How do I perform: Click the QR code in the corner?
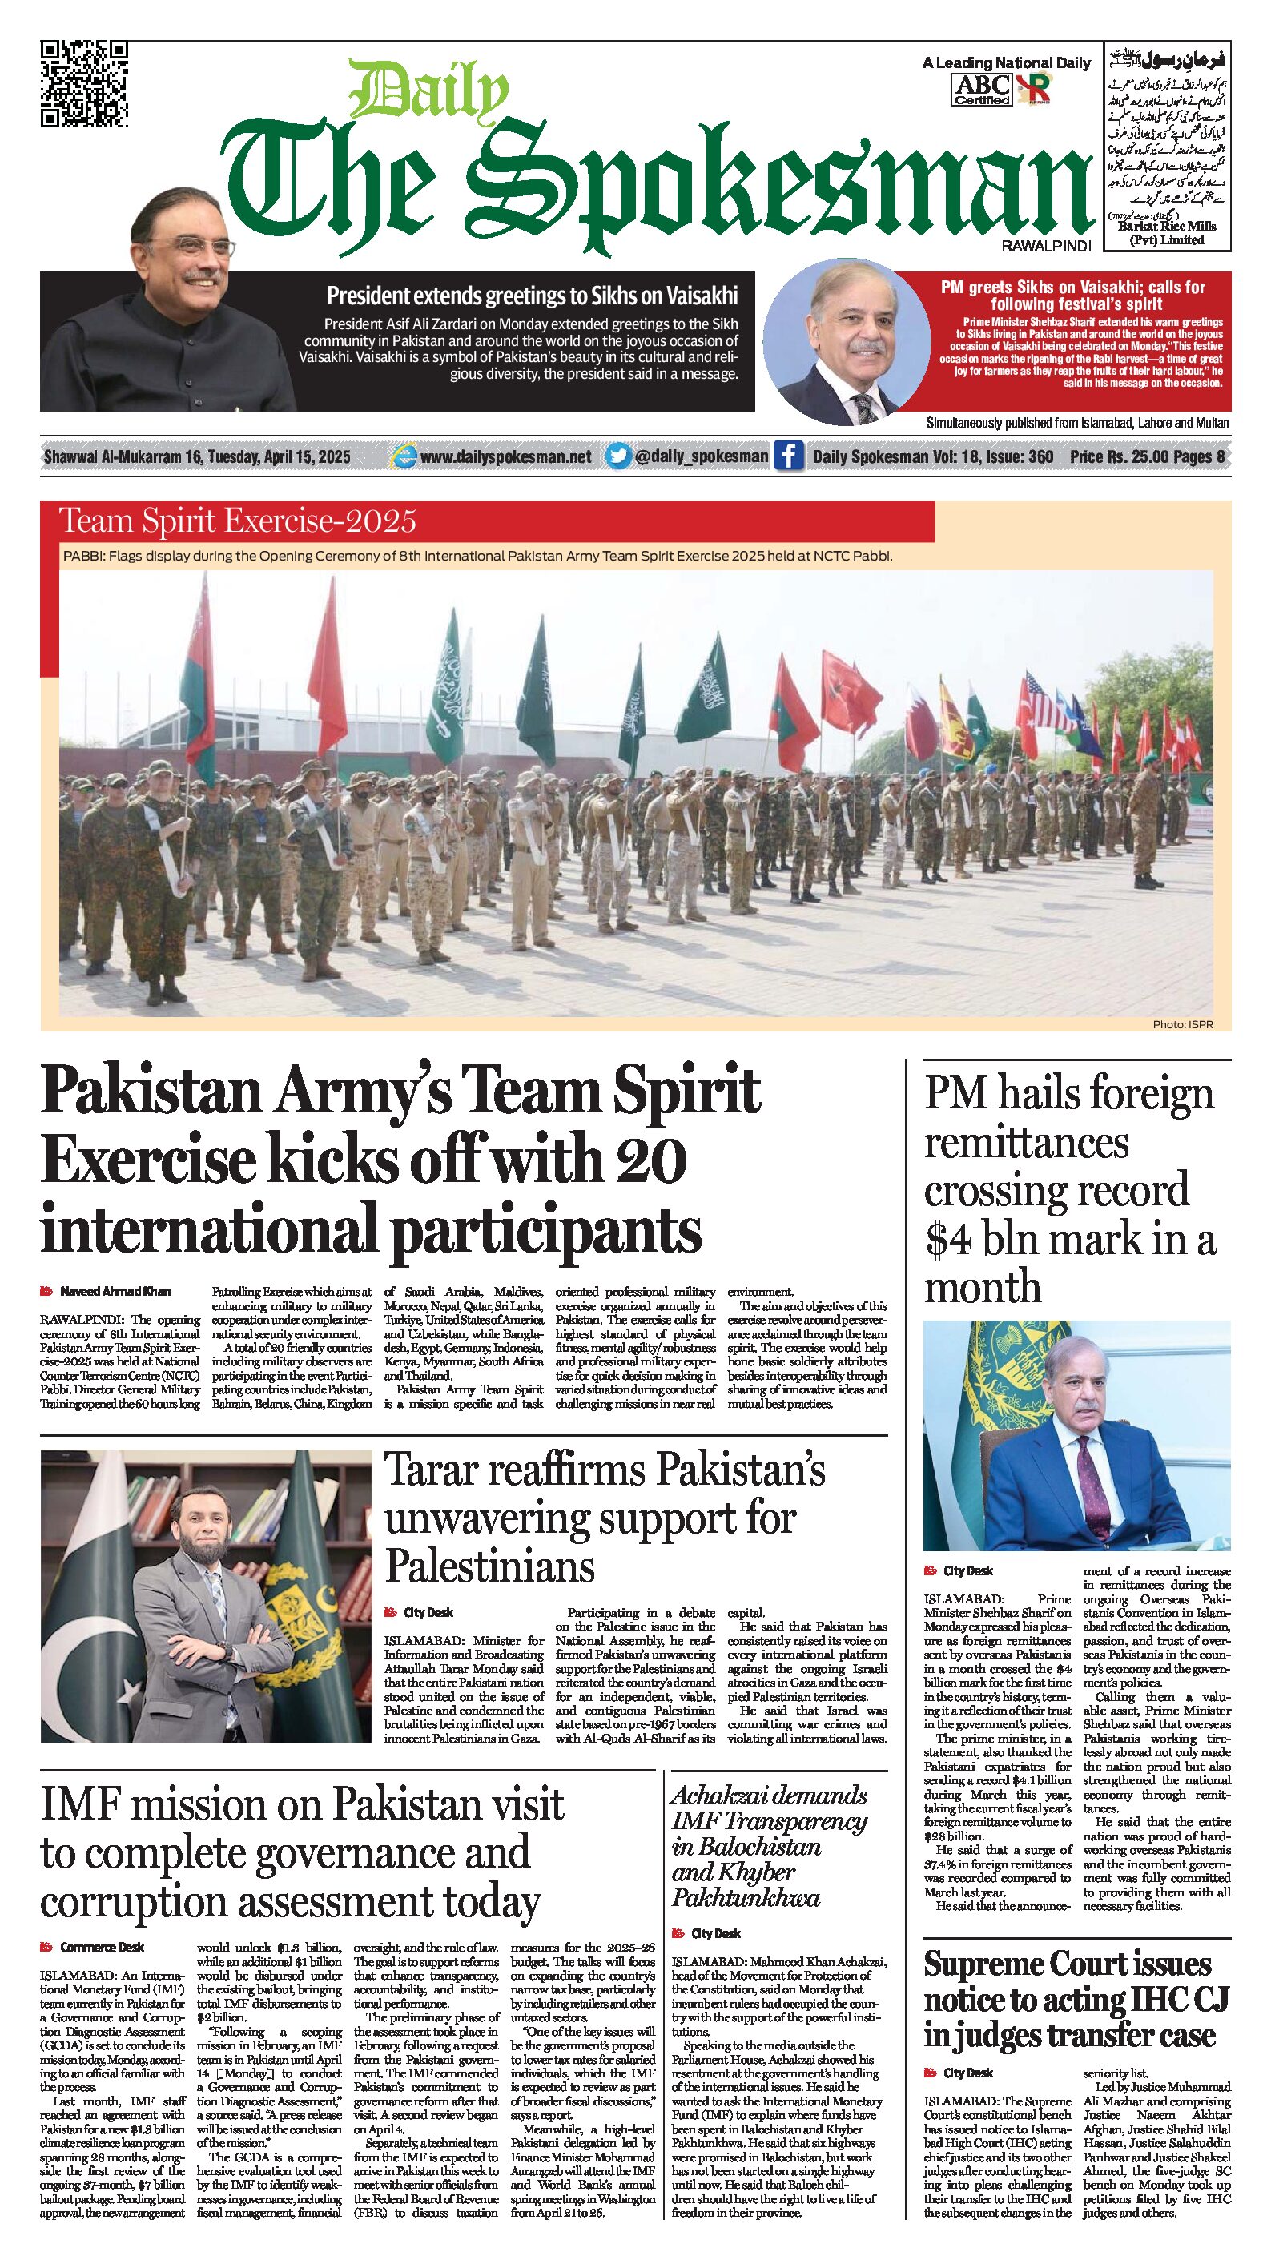tap(84, 84)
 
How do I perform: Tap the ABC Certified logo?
tap(982, 89)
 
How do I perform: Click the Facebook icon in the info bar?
tap(788, 456)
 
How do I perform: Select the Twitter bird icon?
tap(619, 456)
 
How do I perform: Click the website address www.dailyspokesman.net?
tap(505, 457)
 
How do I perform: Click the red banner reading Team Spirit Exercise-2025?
tap(237, 522)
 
